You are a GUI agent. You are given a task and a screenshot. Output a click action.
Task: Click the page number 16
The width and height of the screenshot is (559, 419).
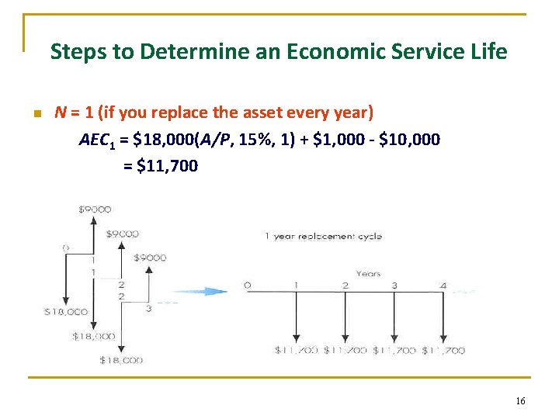pos(520,400)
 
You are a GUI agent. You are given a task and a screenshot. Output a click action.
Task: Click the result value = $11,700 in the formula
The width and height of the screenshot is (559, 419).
pos(161,165)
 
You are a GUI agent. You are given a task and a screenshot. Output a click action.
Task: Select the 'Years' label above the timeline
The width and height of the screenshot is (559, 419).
pos(369,273)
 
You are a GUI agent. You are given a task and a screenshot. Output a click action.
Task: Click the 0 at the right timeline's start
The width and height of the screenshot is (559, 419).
pos(247,286)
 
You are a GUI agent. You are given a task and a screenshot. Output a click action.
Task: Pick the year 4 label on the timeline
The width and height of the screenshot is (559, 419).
pos(443,286)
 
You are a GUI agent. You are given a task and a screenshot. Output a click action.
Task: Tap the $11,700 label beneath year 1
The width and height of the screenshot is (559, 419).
pos(297,351)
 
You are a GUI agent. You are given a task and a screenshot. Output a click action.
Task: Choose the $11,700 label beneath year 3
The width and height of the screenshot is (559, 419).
pos(394,351)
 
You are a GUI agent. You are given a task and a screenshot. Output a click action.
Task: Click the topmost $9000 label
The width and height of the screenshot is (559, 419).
pos(95,209)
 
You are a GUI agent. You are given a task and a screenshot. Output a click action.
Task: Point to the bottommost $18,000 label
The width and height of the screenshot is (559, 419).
pos(121,360)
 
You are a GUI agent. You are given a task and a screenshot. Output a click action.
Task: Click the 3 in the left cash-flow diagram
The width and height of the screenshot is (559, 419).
pos(148,309)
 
